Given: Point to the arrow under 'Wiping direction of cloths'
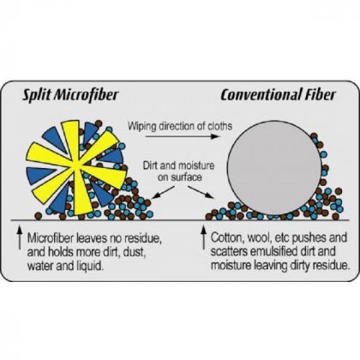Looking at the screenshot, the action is (x=183, y=136).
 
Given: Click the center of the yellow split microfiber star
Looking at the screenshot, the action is (x=75, y=166).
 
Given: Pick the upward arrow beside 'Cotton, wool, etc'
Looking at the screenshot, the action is (x=203, y=237).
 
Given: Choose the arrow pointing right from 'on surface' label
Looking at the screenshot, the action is (x=201, y=192).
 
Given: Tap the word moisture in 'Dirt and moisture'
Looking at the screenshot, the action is (x=195, y=165).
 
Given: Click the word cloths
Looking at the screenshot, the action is (x=219, y=126).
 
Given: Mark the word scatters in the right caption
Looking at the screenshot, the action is (x=229, y=252).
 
